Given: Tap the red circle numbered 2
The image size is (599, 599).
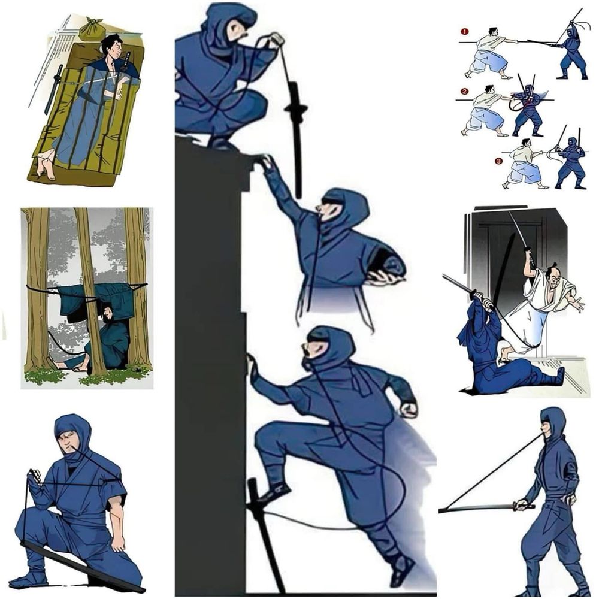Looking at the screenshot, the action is (464, 91).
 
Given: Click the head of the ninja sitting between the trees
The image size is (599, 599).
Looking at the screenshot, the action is (105, 313).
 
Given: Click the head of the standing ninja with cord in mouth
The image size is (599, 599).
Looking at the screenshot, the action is (552, 425).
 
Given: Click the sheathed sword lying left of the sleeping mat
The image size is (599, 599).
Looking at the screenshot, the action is (53, 90).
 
